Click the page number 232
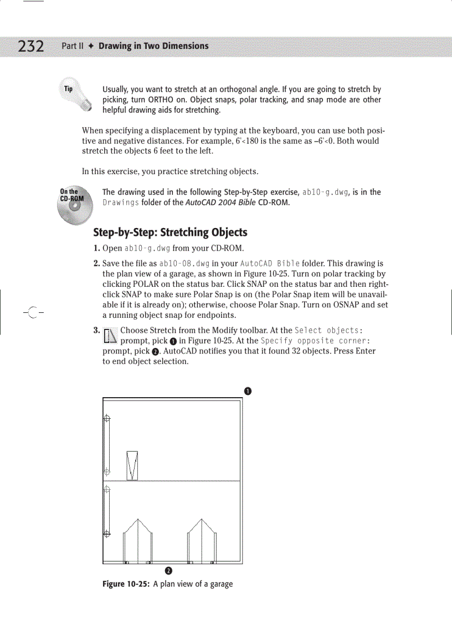coord(30,46)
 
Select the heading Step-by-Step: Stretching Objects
coord(170,232)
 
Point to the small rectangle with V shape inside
coord(132,465)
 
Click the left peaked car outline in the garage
coord(137,540)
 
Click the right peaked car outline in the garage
coord(202,540)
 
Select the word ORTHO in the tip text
coord(162,100)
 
